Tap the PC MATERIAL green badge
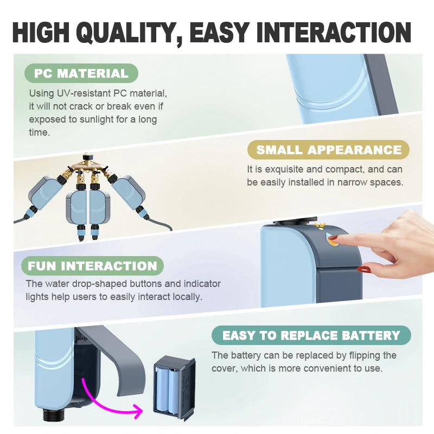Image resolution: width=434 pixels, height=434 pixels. pyautogui.click(x=81, y=73)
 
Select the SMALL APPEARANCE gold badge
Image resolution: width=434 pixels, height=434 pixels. pyautogui.click(x=329, y=150)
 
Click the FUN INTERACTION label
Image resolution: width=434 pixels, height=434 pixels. pyautogui.click(x=92, y=266)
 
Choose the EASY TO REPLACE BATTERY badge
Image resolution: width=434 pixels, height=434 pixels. pyautogui.click(x=311, y=335)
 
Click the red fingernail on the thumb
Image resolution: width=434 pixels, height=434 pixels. pyautogui.click(x=363, y=268)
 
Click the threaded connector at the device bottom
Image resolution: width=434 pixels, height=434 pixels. pyautogui.click(x=54, y=415)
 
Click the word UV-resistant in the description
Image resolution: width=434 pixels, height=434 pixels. pyautogui.click(x=84, y=93)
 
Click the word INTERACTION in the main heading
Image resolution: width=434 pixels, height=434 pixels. pyautogui.click(x=334, y=33)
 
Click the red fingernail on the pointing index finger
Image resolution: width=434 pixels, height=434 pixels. pyautogui.click(x=334, y=238)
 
